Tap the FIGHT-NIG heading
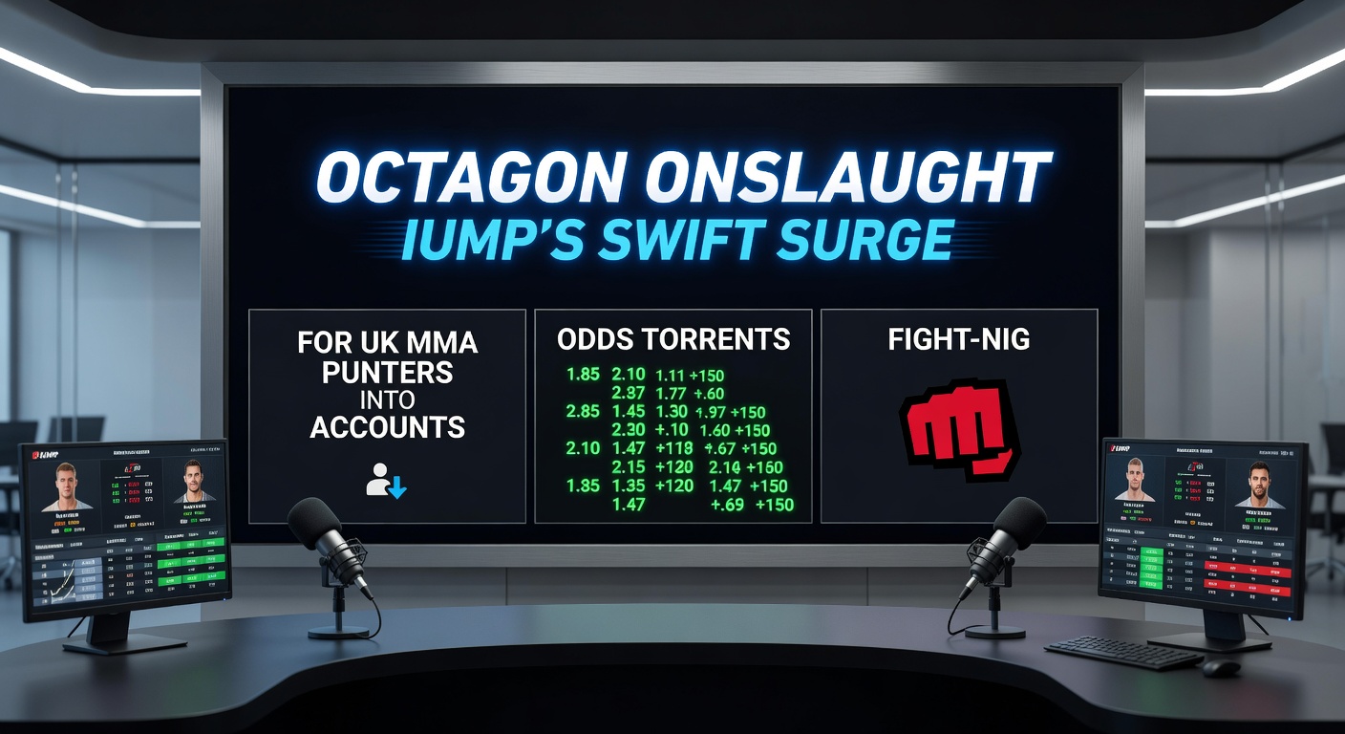pos(958,339)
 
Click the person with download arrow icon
pos(387,481)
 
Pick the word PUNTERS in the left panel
pos(387,371)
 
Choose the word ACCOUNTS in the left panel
pos(387,426)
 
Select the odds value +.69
pos(728,504)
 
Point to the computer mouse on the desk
pos(1220,667)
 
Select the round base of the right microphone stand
pos(994,631)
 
